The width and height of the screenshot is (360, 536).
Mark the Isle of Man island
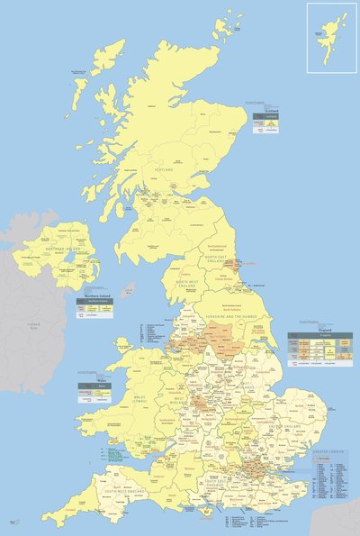pyautogui.click(x=128, y=290)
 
